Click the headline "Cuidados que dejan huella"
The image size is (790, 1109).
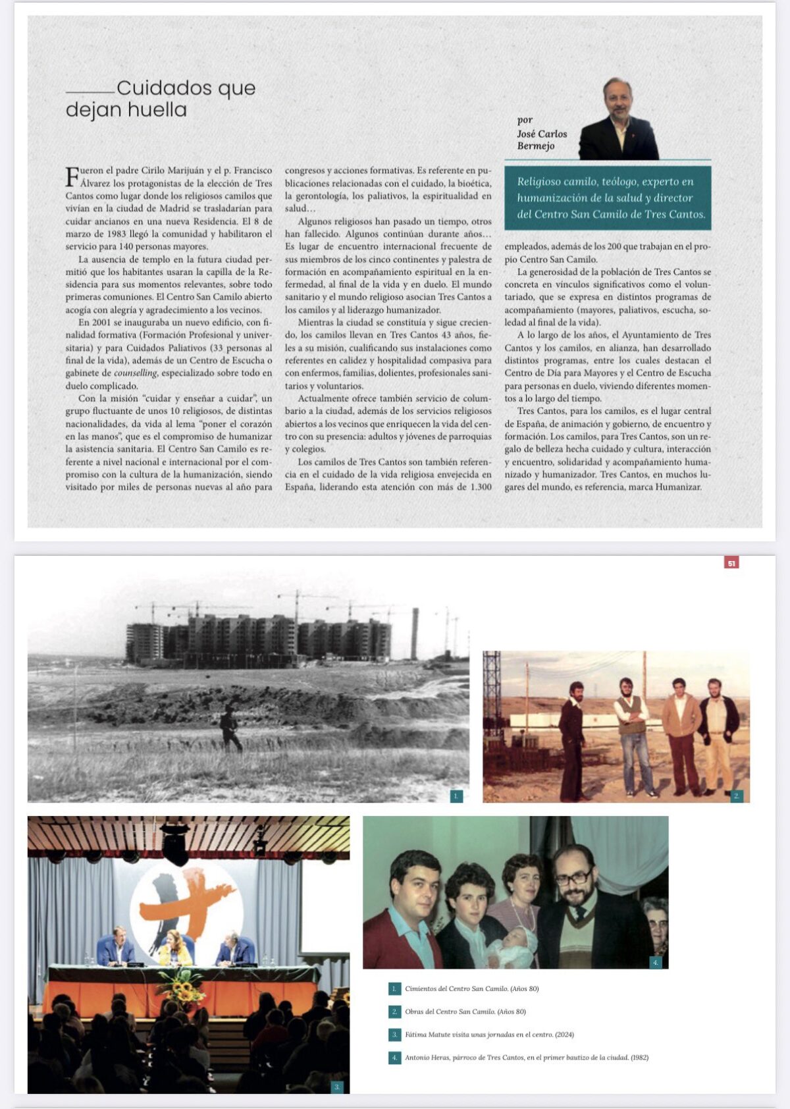[x=161, y=98]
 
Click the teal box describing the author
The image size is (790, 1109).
[x=608, y=198]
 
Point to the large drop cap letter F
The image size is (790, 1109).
[x=72, y=176]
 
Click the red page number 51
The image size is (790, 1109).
[x=731, y=562]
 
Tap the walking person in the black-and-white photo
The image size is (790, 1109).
[x=230, y=728]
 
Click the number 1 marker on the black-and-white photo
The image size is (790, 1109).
[x=456, y=796]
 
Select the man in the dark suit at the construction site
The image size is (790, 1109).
[x=571, y=738]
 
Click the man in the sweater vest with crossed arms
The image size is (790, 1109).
[x=631, y=731]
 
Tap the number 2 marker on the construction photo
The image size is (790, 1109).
[x=737, y=796]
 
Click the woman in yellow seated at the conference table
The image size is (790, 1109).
[x=175, y=948]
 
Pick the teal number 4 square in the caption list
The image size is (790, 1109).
[x=394, y=1058]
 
